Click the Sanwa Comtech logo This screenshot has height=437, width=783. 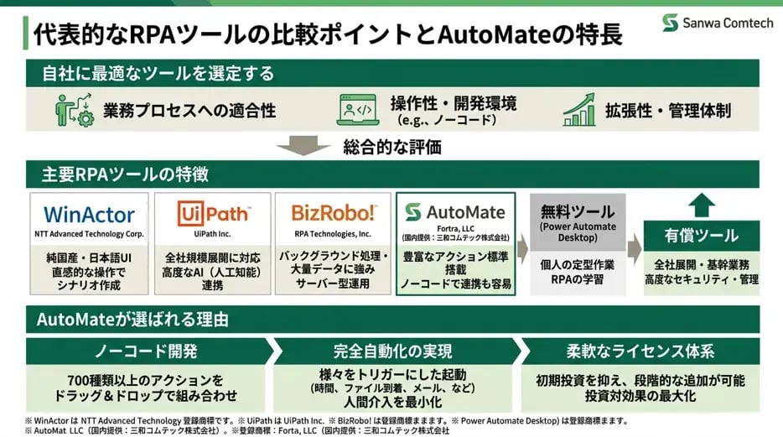click(718, 23)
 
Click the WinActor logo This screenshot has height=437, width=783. click(89, 215)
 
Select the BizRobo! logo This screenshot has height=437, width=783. click(334, 213)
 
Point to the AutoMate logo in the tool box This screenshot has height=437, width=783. click(455, 212)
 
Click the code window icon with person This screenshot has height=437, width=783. click(357, 110)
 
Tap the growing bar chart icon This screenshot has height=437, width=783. click(579, 109)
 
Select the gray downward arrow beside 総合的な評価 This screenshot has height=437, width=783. click(303, 146)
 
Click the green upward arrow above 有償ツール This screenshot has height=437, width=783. click(701, 205)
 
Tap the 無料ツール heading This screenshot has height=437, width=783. click(578, 211)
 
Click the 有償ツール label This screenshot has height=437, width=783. click(701, 235)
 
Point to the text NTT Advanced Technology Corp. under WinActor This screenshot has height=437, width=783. click(89, 234)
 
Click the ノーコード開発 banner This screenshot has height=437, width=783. click(146, 351)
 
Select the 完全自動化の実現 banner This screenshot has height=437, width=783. click(392, 351)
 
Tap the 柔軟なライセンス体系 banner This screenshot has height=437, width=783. click(640, 351)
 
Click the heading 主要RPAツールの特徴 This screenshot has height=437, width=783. click(125, 174)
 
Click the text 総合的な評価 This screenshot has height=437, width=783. click(392, 147)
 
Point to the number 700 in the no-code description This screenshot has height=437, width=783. click(78, 381)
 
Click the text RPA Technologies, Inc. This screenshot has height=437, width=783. click(333, 234)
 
